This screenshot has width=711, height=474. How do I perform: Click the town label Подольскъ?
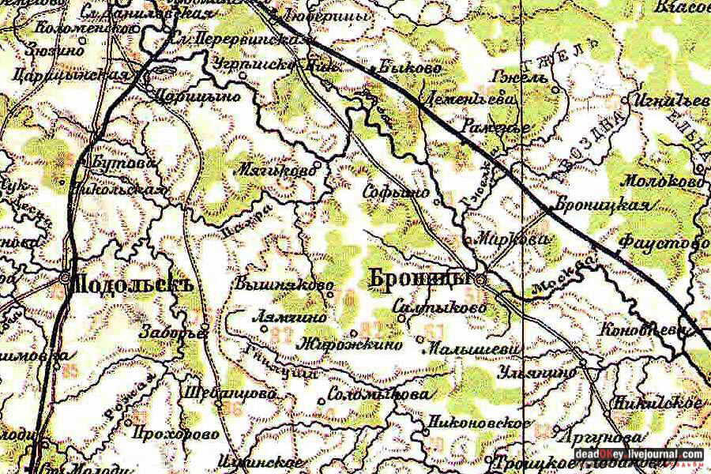[x=132, y=283]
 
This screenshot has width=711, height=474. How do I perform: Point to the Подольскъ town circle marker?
[x=65, y=278]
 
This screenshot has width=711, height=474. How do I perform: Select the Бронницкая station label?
[x=603, y=205]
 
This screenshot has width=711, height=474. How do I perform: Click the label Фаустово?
[x=664, y=244]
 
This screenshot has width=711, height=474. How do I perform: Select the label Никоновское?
[x=477, y=423]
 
